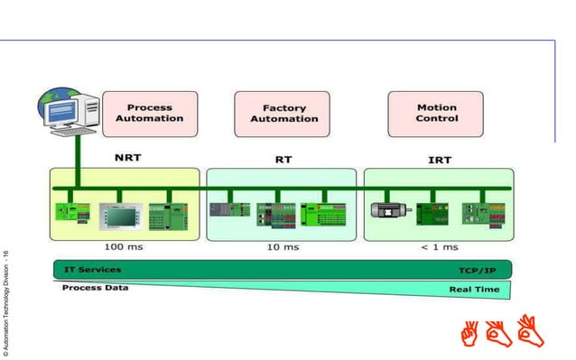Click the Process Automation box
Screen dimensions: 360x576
(x=150, y=113)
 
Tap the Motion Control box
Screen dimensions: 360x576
(x=436, y=113)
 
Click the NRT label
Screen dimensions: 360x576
(x=127, y=156)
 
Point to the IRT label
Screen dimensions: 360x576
(x=440, y=160)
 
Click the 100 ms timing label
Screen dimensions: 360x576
(x=124, y=246)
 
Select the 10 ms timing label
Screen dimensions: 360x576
(x=283, y=246)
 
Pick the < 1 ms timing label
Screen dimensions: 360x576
(x=439, y=246)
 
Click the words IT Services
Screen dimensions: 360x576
(x=92, y=269)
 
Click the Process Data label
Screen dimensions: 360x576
(x=95, y=287)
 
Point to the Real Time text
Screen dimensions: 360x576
(x=475, y=290)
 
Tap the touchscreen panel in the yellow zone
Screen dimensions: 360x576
(x=122, y=213)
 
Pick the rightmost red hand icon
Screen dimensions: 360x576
(x=530, y=330)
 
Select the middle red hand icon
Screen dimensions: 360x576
(x=499, y=333)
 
